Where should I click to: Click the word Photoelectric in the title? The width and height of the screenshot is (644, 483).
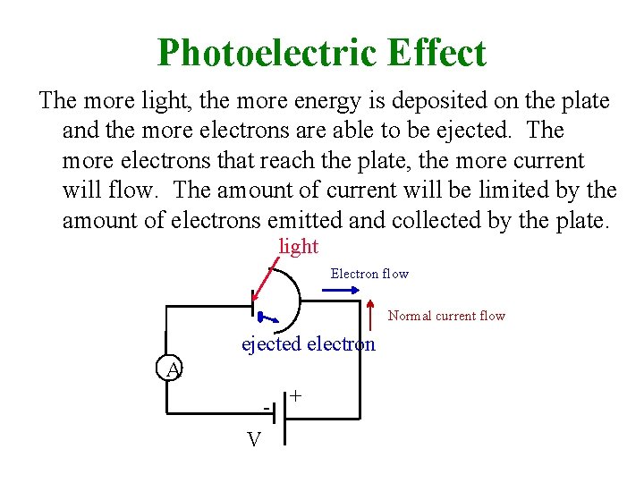(267, 53)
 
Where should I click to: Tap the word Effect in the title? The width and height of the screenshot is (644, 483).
(436, 53)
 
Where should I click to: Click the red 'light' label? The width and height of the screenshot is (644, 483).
(299, 246)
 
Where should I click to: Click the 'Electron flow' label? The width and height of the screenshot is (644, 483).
(369, 274)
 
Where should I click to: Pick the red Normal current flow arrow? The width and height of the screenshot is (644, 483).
(371, 316)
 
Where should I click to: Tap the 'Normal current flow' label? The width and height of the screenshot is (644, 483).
(446, 316)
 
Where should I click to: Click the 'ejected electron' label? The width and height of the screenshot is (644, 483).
(309, 344)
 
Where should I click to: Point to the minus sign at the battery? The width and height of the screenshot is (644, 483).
(266, 408)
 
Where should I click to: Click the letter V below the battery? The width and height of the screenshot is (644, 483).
(254, 439)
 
